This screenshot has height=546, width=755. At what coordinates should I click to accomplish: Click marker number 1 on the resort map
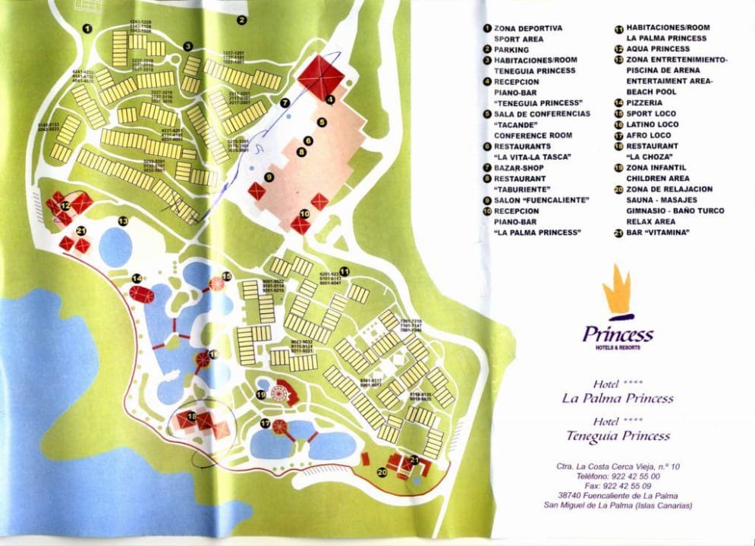pyautogui.click(x=87, y=29)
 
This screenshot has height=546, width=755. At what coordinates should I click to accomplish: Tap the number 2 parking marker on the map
pyautogui.click(x=242, y=20)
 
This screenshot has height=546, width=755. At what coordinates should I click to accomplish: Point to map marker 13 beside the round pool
pyautogui.click(x=123, y=221)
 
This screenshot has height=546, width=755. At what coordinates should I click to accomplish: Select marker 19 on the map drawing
pyautogui.click(x=260, y=394)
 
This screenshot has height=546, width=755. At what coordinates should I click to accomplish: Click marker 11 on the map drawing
pyautogui.click(x=344, y=271)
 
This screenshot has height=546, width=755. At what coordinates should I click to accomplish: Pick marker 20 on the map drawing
pyautogui.click(x=382, y=472)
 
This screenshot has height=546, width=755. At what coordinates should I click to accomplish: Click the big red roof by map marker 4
pyautogui.click(x=321, y=75)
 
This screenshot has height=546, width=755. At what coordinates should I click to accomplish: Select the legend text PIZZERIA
pyautogui.click(x=646, y=102)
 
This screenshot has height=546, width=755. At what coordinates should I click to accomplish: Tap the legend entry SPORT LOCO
pyautogui.click(x=651, y=114)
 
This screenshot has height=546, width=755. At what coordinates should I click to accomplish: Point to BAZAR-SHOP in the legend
pyautogui.click(x=520, y=168)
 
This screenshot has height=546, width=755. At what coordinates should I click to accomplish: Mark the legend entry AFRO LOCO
pyautogui.click(x=649, y=135)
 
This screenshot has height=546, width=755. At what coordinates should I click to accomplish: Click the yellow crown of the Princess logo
pyautogui.click(x=617, y=289)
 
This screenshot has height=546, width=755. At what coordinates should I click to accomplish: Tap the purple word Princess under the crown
pyautogui.click(x=618, y=334)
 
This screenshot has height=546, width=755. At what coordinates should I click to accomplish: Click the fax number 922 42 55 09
pyautogui.click(x=624, y=486)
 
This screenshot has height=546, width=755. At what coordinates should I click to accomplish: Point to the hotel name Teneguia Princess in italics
pyautogui.click(x=618, y=436)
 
